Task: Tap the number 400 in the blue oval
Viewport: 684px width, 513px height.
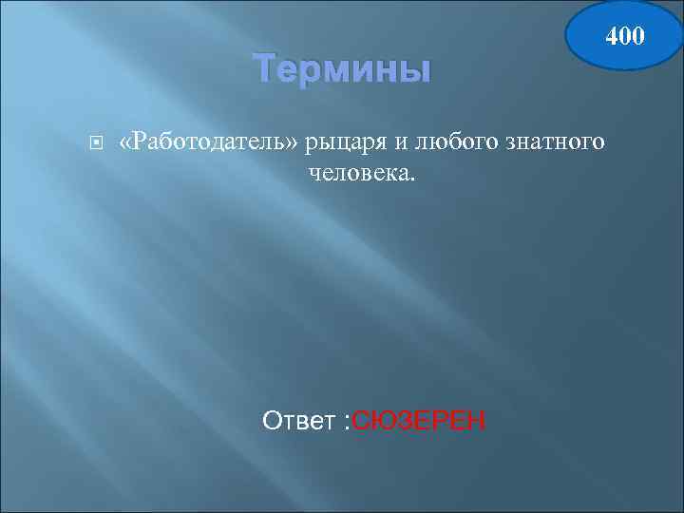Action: (625, 37)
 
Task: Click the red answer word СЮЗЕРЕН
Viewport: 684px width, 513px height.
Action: (418, 419)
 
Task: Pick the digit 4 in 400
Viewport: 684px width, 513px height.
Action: (613, 37)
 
